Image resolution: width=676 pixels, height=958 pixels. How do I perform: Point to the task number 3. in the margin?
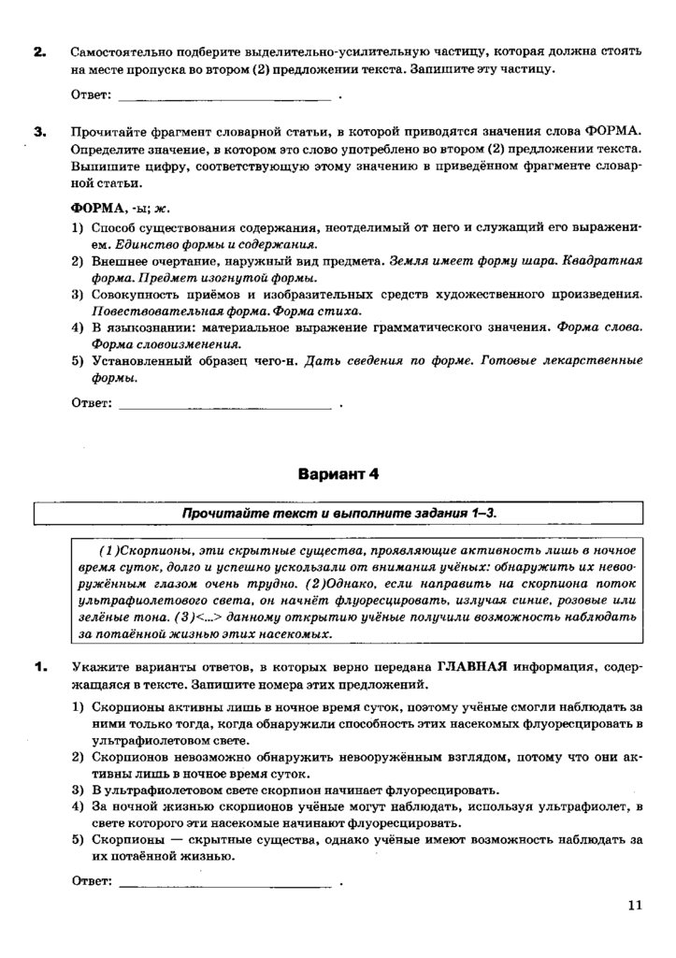pyautogui.click(x=40, y=132)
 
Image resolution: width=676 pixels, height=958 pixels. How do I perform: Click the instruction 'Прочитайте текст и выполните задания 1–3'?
pyautogui.click(x=338, y=514)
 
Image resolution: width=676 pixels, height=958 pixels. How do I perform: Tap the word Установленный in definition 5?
pyautogui.click(x=134, y=360)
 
